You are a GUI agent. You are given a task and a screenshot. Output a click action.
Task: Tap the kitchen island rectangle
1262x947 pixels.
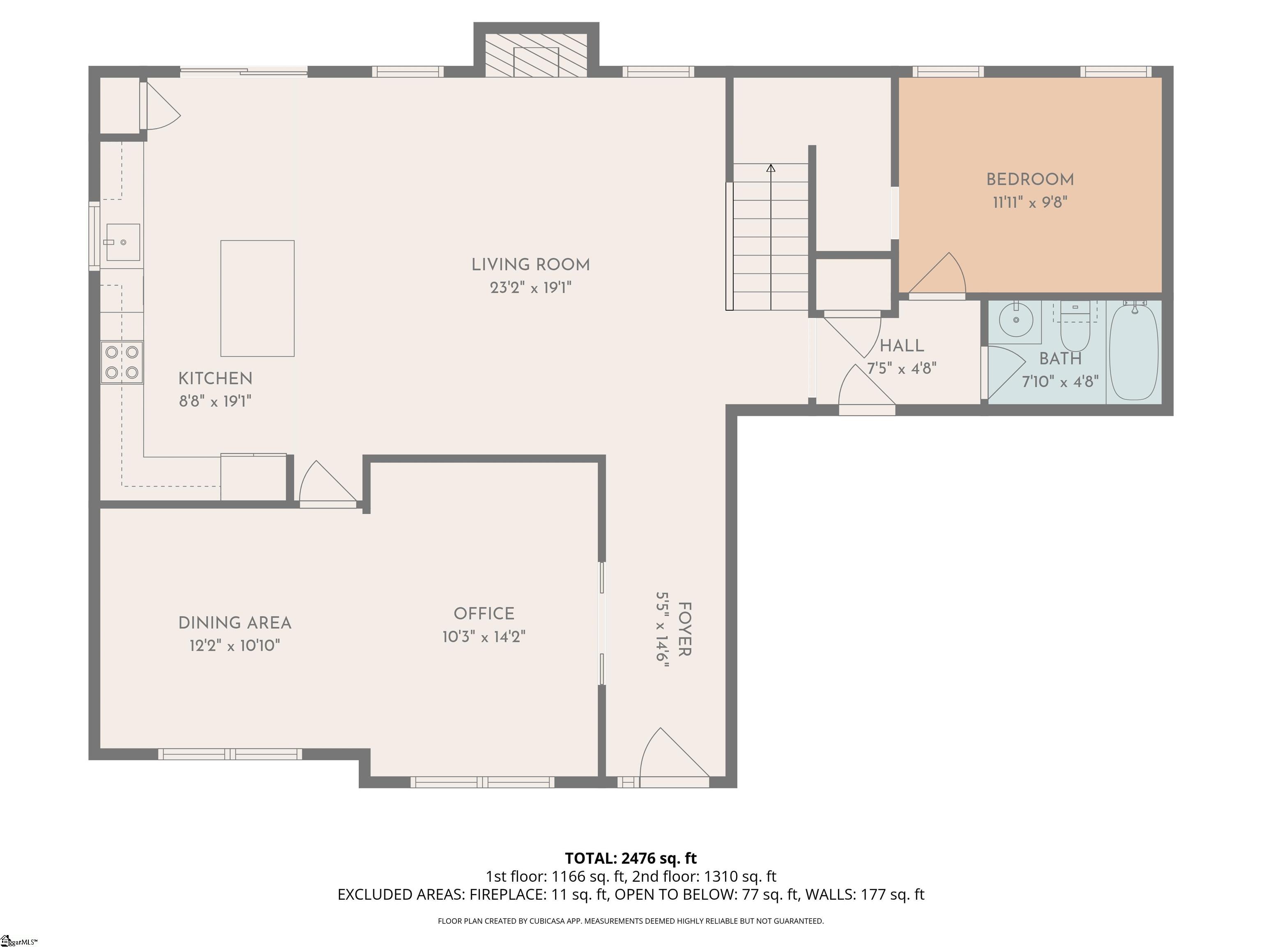tap(257, 298)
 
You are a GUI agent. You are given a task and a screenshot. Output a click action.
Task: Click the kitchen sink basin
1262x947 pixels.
tap(123, 242)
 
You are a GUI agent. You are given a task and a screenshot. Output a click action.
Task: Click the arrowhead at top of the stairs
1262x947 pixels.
tap(771, 168)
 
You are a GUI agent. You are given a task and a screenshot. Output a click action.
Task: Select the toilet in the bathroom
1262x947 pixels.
tap(1075, 330)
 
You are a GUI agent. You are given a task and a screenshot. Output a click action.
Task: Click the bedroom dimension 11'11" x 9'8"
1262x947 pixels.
tap(1030, 203)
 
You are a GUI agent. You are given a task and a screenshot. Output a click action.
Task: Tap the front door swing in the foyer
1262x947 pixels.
tap(670, 756)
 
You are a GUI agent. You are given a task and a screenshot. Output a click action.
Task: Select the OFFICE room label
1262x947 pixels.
tap(484, 614)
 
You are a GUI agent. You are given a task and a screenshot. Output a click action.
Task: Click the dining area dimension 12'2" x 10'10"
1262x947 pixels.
tap(235, 646)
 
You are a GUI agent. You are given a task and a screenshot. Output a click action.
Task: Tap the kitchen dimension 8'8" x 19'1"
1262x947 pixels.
tap(215, 401)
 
